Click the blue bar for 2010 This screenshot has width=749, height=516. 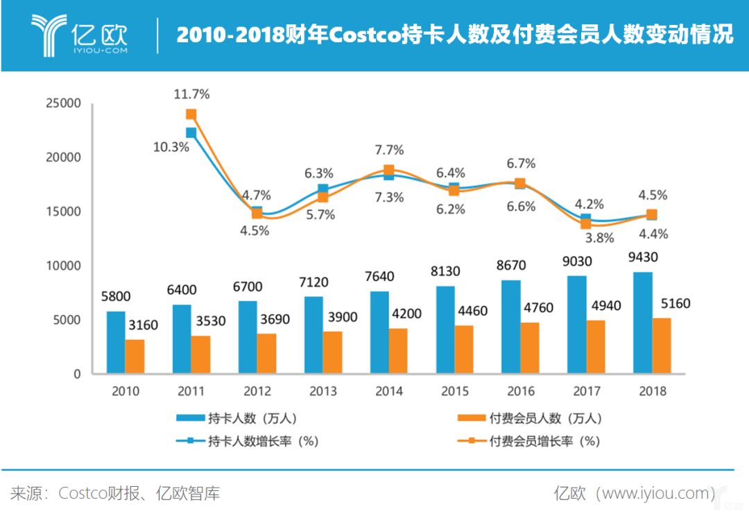(116, 342)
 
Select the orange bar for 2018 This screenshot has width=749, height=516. (662, 345)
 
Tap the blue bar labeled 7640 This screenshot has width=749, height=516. (379, 332)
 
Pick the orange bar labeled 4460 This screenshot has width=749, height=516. (464, 350)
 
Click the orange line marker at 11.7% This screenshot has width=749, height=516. (191, 114)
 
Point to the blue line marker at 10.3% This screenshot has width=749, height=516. (191, 132)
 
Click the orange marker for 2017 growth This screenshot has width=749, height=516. (586, 223)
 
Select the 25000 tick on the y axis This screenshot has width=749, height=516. (63, 103)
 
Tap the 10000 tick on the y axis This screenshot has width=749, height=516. (63, 266)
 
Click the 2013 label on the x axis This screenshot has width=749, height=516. (323, 391)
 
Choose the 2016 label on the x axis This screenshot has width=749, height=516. (521, 391)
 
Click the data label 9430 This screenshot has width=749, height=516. (643, 257)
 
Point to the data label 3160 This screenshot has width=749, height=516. (144, 325)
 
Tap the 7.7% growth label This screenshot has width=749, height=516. (389, 150)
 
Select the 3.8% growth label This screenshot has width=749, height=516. (599, 237)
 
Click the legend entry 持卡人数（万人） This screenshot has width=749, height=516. (237, 418)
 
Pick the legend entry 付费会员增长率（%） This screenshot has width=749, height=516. (528, 440)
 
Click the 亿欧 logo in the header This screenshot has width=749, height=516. (79, 35)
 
